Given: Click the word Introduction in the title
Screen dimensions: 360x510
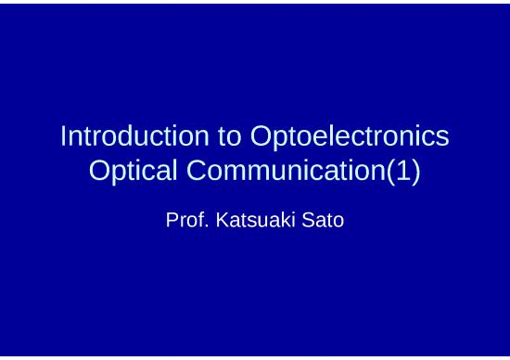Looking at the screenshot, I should [x=134, y=136].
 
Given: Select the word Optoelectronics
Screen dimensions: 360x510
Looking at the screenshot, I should [x=350, y=136].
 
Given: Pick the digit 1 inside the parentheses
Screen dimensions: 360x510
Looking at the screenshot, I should [x=401, y=172].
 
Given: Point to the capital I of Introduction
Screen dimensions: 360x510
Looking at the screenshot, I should [x=63, y=136].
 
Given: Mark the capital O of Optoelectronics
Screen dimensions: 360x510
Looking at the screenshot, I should [x=261, y=136].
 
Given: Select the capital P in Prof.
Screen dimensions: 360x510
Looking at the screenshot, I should [x=172, y=221].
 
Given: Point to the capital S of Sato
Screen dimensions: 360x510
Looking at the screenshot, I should [x=306, y=221].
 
